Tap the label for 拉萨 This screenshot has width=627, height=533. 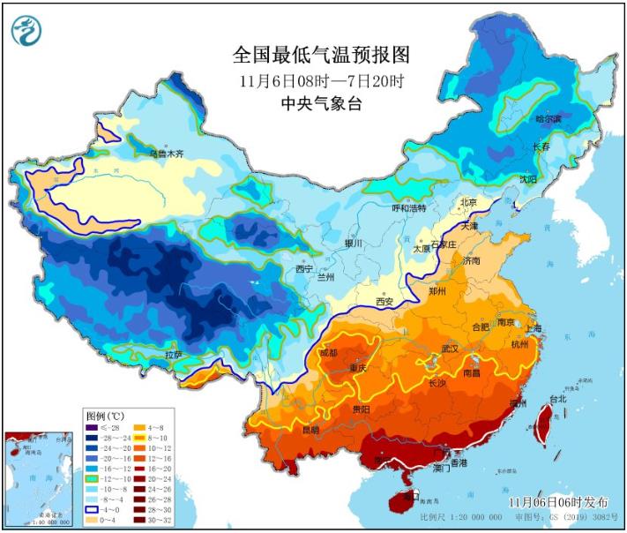tap(175, 354)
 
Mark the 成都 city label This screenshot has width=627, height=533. tap(327, 353)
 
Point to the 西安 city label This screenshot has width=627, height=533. tap(385, 301)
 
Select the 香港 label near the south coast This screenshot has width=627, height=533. tap(459, 462)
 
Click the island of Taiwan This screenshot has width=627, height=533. tap(543, 424)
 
